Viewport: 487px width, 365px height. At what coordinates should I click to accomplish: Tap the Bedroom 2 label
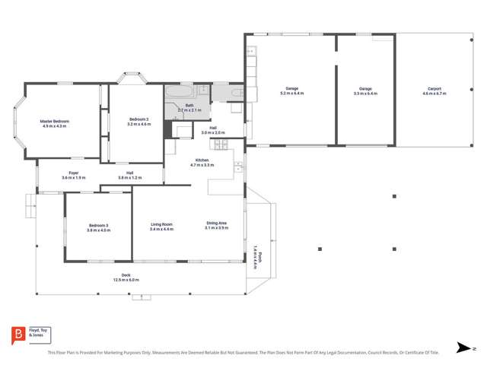138,119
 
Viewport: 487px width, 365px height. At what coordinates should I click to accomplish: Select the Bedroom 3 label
98,225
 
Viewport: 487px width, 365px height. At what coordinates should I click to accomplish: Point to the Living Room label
161,224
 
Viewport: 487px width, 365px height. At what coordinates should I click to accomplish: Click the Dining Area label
217,224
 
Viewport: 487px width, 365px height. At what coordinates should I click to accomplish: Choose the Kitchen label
202,160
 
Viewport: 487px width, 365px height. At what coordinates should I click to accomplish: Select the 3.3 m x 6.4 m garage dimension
365,93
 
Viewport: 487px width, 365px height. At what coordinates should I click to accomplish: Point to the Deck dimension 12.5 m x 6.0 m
126,280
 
